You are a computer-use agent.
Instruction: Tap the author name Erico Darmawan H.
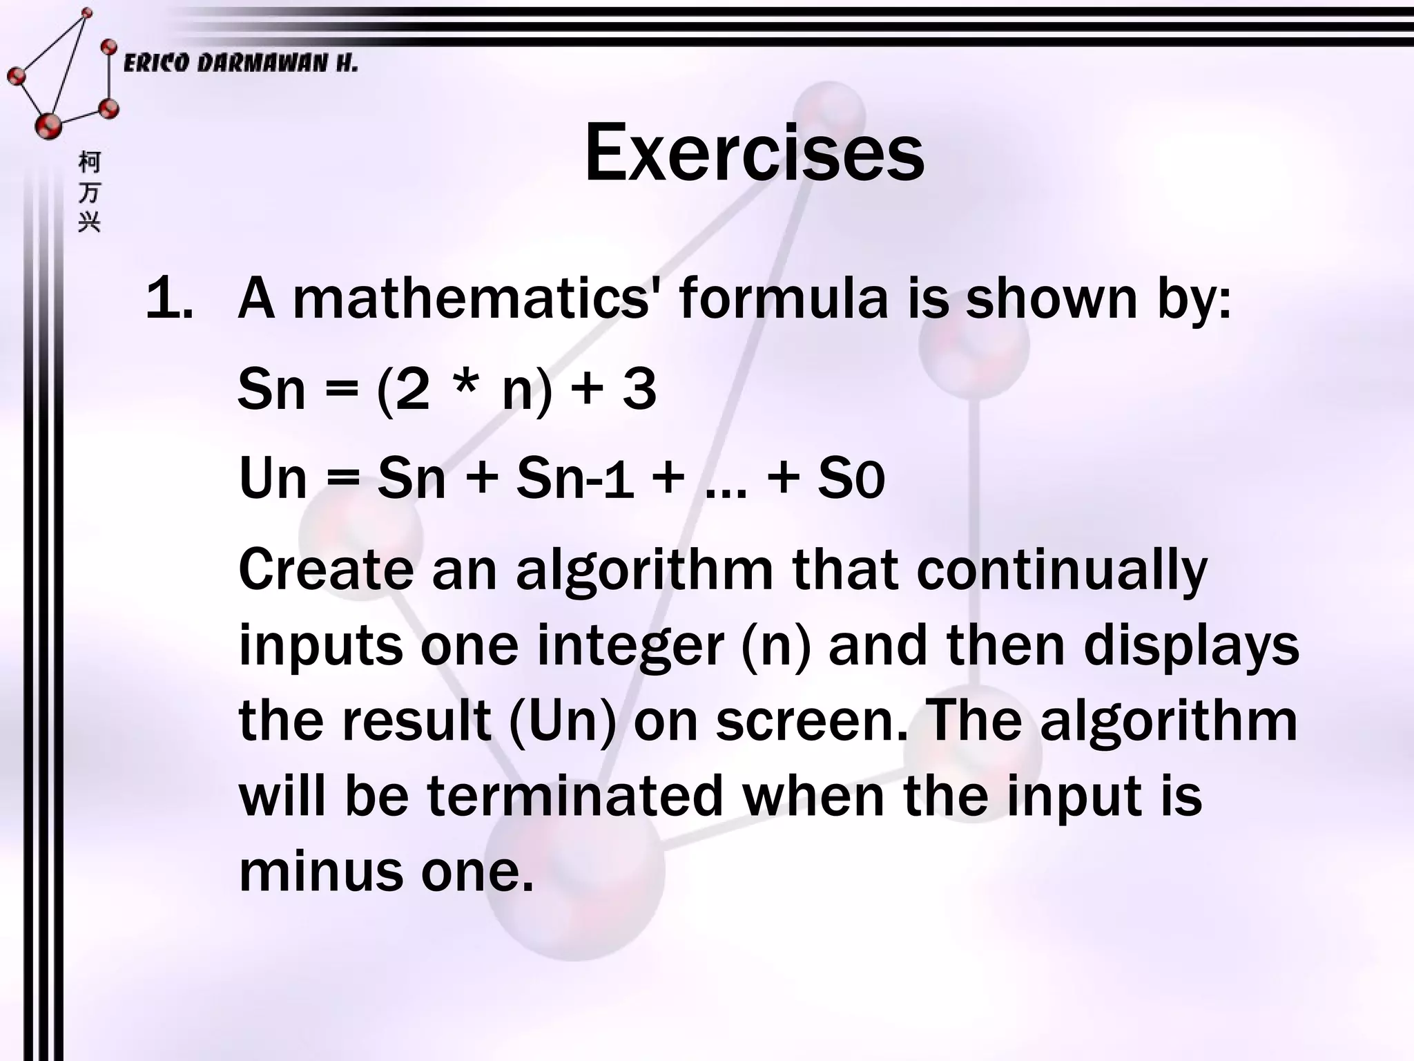click(240, 64)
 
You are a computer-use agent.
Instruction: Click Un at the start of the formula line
click(272, 478)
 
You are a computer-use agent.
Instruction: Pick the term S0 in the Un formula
click(851, 479)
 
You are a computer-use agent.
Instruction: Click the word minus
click(320, 872)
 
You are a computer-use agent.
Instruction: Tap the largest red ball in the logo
click(48, 125)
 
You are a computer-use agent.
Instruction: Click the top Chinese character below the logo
click(90, 162)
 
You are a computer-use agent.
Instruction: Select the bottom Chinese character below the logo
click(90, 222)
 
